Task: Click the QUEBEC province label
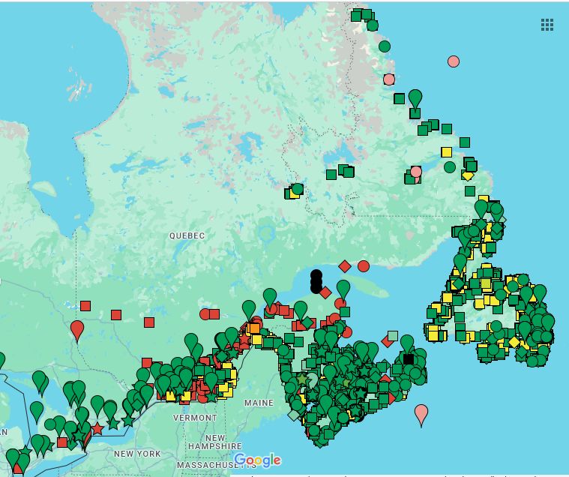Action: (x=187, y=235)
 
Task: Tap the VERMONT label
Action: (x=195, y=418)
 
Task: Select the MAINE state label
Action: (x=259, y=403)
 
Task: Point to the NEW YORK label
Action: (x=137, y=454)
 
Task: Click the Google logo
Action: (x=257, y=460)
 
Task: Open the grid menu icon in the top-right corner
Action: (x=547, y=25)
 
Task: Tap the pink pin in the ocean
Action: (x=421, y=412)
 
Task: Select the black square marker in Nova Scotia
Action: (x=408, y=359)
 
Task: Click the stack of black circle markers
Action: (x=316, y=281)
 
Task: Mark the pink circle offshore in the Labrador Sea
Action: (x=453, y=61)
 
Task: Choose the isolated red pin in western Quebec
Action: (x=77, y=328)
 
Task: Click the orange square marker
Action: (x=254, y=328)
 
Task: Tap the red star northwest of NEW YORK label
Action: (x=97, y=429)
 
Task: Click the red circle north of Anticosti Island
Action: (x=364, y=265)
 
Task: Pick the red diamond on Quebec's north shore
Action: (x=344, y=266)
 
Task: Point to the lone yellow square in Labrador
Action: (x=446, y=152)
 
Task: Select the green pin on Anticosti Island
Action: (x=343, y=287)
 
